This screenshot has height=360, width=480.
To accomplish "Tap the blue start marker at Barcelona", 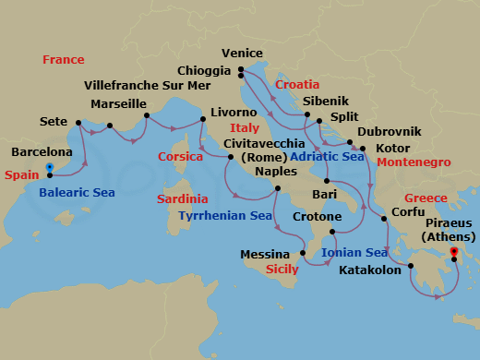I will click(x=50, y=168).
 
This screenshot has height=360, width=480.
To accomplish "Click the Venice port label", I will click(x=244, y=54).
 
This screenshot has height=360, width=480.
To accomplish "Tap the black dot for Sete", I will click(x=78, y=122).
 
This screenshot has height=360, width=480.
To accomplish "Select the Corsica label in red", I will click(x=180, y=157).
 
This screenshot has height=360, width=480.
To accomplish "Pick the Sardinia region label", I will click(x=182, y=199).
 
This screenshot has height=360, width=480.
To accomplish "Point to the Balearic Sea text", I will click(x=77, y=193).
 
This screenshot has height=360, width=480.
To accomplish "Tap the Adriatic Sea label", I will click(x=328, y=157).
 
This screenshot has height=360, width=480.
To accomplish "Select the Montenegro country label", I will click(x=413, y=162).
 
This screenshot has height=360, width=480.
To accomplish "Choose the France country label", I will click(x=64, y=60).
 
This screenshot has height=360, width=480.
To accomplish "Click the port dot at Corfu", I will click(x=385, y=220).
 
